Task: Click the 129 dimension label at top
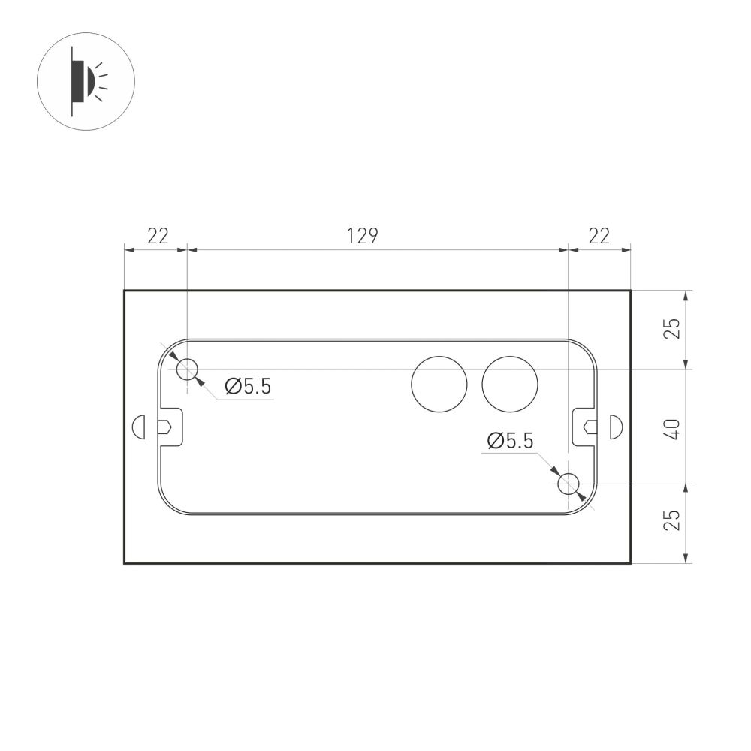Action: coord(363,236)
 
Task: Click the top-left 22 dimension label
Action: coord(157,236)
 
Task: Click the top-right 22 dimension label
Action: coord(599,236)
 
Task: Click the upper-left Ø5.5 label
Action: coord(248,387)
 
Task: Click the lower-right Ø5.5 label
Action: coord(510,441)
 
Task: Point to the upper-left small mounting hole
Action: coord(186,369)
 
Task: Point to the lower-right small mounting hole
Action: coord(569,484)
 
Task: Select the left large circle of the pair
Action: coord(439,384)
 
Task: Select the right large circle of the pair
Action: coord(510,384)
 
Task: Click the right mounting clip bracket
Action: coord(584,427)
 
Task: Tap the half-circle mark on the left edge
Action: coord(139,427)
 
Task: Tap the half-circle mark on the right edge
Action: coord(616,427)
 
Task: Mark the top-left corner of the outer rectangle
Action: coord(124,291)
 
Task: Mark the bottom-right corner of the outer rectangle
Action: coord(630,563)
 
